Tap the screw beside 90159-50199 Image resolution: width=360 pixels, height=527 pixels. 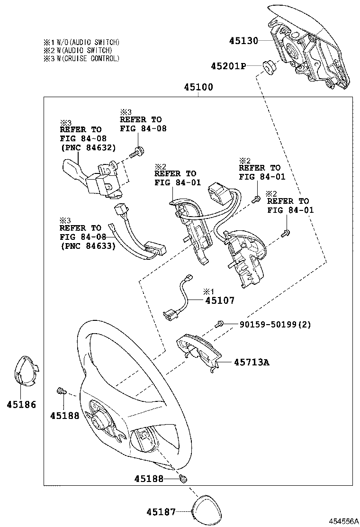[219, 324]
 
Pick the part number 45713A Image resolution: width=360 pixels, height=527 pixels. [251, 363]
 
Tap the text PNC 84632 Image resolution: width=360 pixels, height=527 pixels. [88, 147]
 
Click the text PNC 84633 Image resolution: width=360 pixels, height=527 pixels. [88, 245]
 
